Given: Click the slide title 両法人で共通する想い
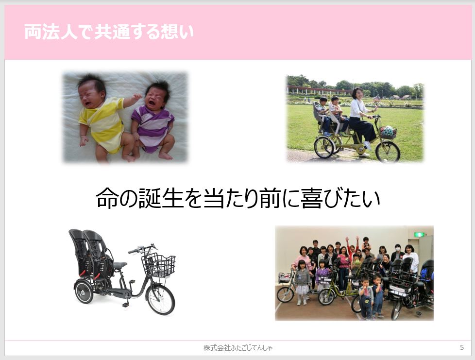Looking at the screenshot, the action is point(109,32).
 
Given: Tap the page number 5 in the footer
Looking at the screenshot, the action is point(462,347).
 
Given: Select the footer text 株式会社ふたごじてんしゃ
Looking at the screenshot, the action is point(238,347).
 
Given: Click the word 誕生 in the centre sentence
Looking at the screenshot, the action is point(161,199).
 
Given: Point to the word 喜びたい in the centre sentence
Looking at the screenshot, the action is point(340,199).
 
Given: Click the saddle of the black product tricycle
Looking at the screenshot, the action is point(119,265).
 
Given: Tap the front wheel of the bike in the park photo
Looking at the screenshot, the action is point(388,151).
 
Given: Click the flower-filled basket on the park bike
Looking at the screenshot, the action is point(388,132).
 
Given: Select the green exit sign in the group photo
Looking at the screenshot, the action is point(419,234).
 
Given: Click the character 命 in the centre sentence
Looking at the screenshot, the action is point(107,199).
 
